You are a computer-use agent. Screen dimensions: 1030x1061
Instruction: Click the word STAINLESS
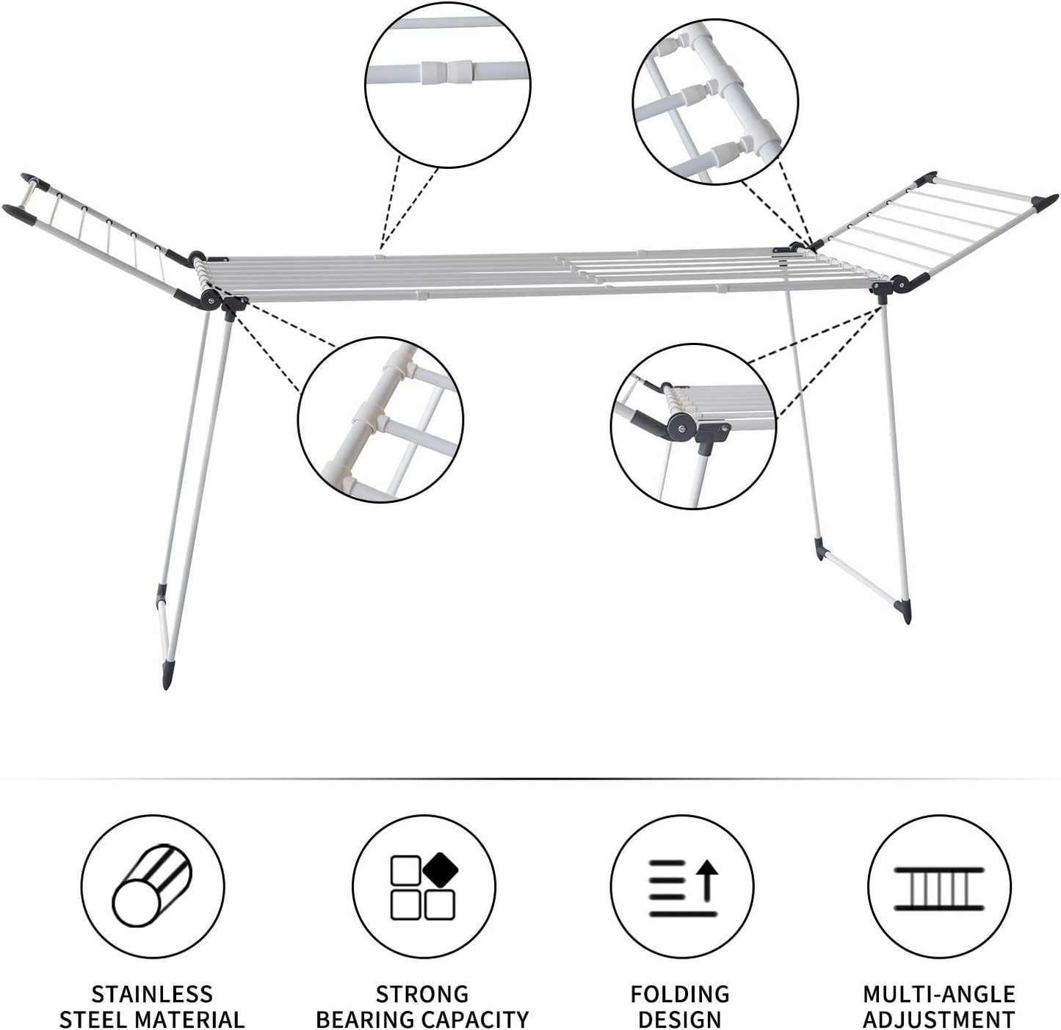(x=152, y=994)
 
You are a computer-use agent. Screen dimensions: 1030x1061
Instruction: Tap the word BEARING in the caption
(x=361, y=1020)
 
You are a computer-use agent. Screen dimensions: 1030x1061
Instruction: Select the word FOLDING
(x=680, y=994)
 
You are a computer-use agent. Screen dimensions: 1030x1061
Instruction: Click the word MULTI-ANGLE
(x=939, y=994)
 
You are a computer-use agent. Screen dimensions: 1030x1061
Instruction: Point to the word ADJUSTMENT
(x=939, y=1020)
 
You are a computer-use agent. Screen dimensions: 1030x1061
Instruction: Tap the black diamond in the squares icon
(x=440, y=868)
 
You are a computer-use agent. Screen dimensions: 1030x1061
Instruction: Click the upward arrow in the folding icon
(x=706, y=881)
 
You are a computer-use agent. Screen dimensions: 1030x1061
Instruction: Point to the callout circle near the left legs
(x=380, y=420)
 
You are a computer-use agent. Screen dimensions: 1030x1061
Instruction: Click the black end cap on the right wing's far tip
(x=1045, y=201)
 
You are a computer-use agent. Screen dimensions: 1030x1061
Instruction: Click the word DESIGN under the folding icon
(x=680, y=1020)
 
